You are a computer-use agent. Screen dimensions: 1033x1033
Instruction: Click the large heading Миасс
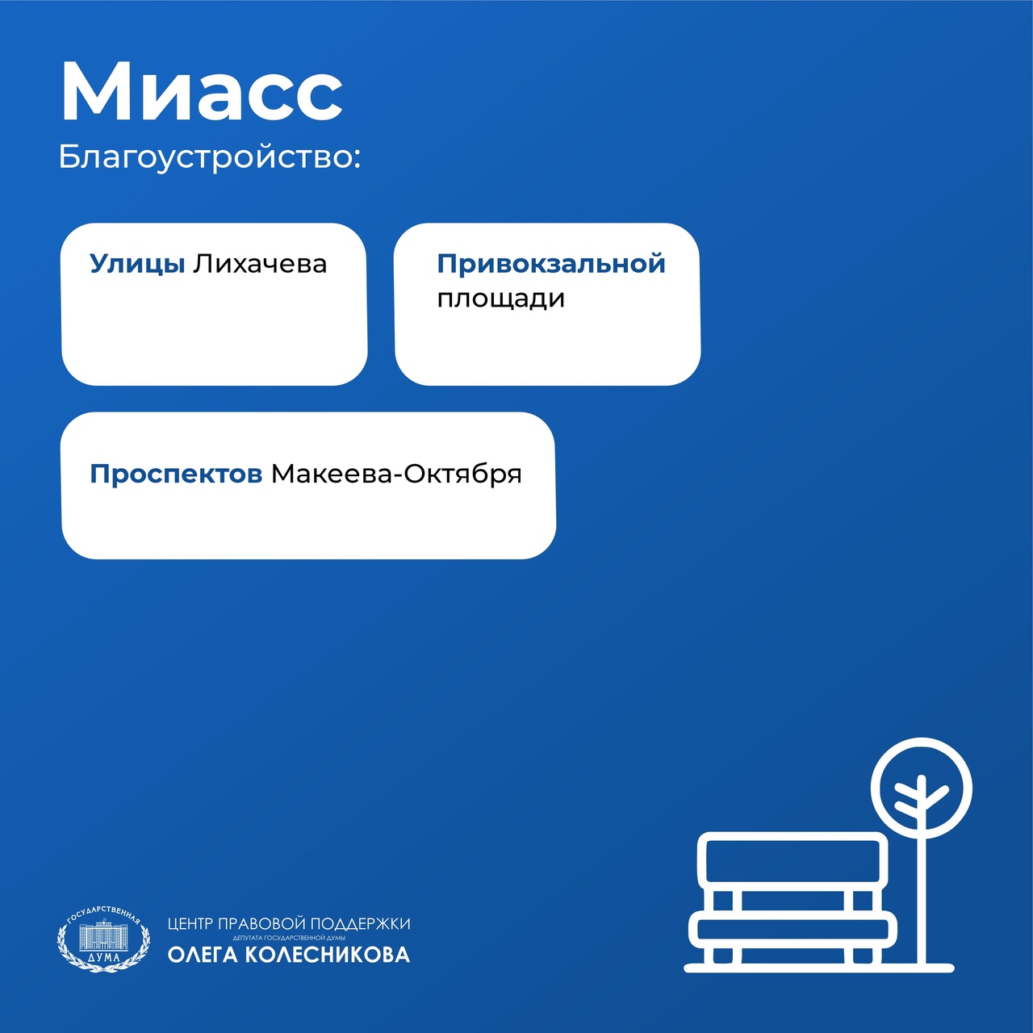(x=201, y=91)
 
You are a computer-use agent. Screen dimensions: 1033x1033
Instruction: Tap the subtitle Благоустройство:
(x=209, y=157)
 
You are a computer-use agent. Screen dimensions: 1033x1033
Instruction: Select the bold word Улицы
(x=137, y=265)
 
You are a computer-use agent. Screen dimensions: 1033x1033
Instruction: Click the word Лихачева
(x=260, y=264)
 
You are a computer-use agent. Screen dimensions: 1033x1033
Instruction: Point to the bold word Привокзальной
(x=551, y=264)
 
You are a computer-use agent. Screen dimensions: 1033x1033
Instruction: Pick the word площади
(x=500, y=299)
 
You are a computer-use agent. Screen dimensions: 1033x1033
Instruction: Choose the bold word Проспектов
(x=176, y=475)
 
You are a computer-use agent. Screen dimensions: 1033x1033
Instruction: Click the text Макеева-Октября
(x=396, y=475)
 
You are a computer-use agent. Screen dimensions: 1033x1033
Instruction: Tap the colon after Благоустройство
(x=357, y=160)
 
